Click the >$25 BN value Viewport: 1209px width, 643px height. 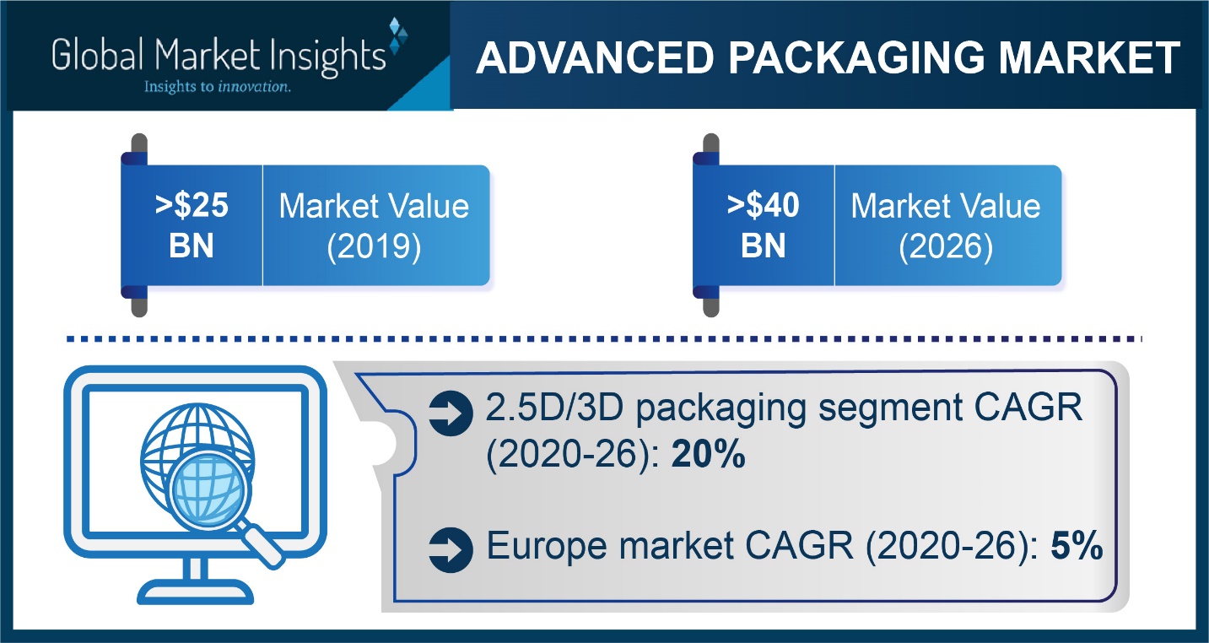pos(192,225)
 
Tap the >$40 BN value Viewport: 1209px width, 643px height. pos(764,225)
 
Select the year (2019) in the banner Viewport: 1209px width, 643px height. pos(374,247)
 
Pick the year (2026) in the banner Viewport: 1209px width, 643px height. pos(946,247)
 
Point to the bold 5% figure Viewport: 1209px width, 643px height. pos(1077,545)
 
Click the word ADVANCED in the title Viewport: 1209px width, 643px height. pos(596,57)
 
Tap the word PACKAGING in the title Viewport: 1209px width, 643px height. pos(857,57)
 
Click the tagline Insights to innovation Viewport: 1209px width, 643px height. pos(218,87)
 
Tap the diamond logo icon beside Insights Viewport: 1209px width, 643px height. pos(398,35)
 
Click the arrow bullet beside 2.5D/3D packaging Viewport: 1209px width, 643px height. pos(451,413)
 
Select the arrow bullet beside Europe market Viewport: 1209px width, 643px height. pos(451,550)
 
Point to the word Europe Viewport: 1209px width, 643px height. pos(546,547)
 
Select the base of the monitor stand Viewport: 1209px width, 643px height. pos(196,592)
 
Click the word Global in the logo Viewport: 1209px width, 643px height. pos(98,55)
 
